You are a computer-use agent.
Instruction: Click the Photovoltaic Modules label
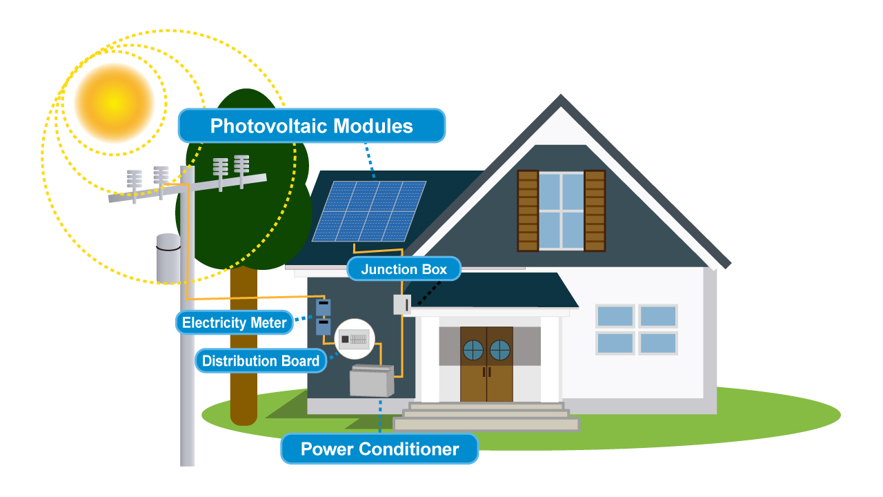[311, 126]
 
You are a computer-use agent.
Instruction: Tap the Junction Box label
[404, 269]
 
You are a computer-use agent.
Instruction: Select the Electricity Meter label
[234, 322]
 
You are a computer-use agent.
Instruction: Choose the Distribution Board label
[261, 360]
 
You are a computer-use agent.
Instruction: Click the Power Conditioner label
[379, 449]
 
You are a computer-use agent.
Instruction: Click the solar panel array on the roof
[369, 211]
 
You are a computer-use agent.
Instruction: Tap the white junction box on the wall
[402, 304]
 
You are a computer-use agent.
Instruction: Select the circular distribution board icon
[355, 339]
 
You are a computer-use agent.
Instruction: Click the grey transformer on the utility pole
[168, 258]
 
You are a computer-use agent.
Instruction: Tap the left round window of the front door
[473, 350]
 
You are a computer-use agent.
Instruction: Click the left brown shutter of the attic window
[527, 211]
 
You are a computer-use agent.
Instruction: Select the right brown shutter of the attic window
[595, 211]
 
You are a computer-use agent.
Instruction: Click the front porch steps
[486, 416]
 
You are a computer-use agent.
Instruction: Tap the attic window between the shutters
[561, 211]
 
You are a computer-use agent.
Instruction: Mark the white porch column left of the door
[430, 359]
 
